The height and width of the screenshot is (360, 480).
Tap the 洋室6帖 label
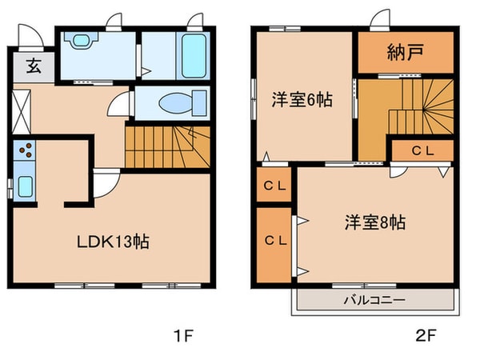(x=302, y=101)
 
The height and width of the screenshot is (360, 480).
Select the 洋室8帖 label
(x=374, y=222)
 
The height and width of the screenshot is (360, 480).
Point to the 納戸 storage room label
(x=404, y=54)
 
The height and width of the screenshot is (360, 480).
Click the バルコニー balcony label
(x=374, y=300)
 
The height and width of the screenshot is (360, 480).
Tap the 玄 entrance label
(x=33, y=67)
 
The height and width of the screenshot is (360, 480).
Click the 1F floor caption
(x=184, y=334)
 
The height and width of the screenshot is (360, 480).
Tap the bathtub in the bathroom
(x=194, y=54)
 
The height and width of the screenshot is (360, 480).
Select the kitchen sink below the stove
(x=25, y=186)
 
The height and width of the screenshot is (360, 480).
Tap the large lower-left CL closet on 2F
(x=274, y=241)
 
